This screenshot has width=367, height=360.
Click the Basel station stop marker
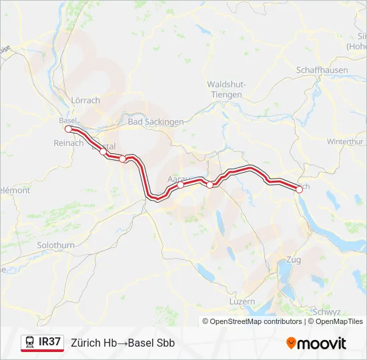coord(68,129)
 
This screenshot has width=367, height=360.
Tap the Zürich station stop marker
coord(299,189)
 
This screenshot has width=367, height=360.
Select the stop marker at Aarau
coord(180,185)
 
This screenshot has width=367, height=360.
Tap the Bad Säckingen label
coord(155,122)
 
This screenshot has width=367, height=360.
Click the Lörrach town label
coord(85,101)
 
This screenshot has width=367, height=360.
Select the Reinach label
coord(68,143)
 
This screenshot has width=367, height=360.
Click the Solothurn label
coord(56,245)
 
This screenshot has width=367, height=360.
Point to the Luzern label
coord(241,301)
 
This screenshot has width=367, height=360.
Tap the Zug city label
coord(293,259)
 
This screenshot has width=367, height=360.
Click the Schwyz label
coord(326,311)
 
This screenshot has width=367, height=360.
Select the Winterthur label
coord(345,142)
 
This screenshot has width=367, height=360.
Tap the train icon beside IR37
coord(30,343)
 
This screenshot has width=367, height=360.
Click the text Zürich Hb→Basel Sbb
coord(123,343)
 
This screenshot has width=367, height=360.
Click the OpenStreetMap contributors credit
coord(256,321)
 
